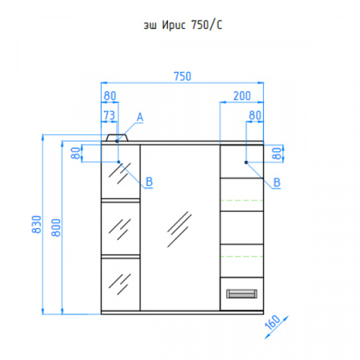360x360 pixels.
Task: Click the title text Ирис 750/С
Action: tap(192, 25)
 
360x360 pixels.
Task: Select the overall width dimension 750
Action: tap(182, 76)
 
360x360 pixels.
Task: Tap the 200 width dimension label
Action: tap(242, 96)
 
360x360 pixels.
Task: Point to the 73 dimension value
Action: tap(109, 115)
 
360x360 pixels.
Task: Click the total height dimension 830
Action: tap(37, 224)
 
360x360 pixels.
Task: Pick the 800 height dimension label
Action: tap(56, 227)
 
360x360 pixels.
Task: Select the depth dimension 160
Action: tap(273, 322)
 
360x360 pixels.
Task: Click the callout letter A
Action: tap(140, 118)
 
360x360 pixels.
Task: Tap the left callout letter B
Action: tap(149, 182)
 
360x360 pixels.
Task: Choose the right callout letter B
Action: tap(277, 182)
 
